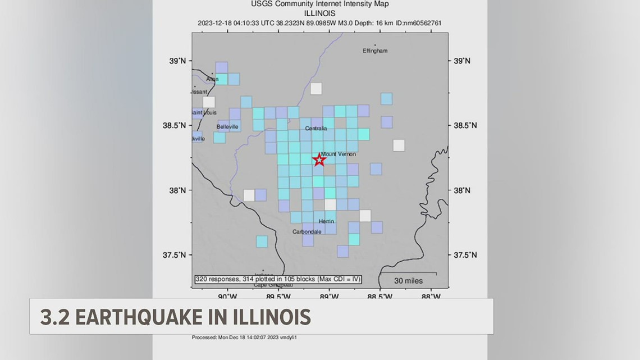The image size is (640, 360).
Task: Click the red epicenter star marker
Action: coord(319,160)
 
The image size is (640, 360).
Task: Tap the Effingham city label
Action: coord(375,51)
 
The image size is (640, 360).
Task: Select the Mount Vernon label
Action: coord(338,154)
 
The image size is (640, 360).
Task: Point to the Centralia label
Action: coord(316,129)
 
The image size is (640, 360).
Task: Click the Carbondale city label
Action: coord(307,231)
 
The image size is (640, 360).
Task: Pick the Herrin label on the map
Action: coord(326,221)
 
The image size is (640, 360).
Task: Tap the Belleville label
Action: coord(227,127)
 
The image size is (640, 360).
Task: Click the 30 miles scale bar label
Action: coord(408,281)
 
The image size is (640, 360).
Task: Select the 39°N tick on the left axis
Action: coord(179,61)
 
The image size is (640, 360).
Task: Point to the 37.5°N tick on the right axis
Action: coord(465,255)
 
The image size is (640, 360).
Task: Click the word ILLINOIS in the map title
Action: coord(320,13)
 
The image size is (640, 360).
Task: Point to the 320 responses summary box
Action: coord(278,279)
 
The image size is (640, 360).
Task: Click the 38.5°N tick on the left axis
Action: coord(174,125)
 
